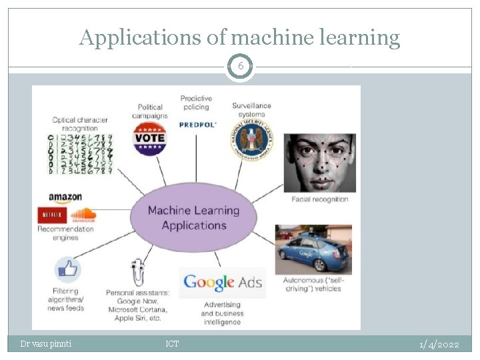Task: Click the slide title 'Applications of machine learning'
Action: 240,38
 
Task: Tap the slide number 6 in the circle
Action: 240,67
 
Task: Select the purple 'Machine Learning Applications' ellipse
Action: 193,218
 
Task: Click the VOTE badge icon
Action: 149,139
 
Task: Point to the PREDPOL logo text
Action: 198,125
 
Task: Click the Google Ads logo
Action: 223,283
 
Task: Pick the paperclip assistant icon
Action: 138,271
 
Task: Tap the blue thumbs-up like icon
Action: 67,271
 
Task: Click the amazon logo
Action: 65,197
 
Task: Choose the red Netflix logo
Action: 51,215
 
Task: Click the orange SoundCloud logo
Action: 83,215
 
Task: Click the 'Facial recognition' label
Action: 320,199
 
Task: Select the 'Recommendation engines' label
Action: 66,233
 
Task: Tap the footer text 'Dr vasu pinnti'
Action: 46,344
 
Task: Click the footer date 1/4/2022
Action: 439,344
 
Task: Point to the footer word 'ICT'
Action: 172,344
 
